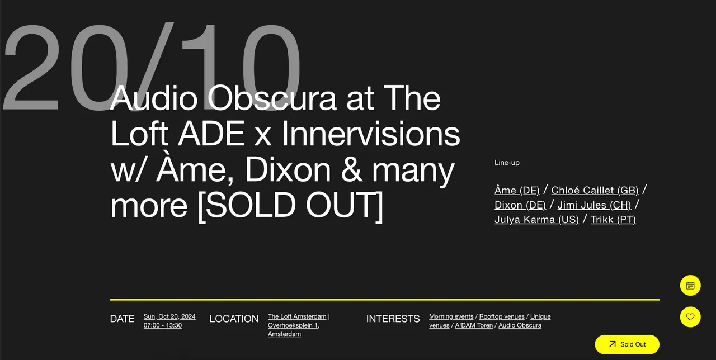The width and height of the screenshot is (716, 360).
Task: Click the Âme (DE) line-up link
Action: point(517,190)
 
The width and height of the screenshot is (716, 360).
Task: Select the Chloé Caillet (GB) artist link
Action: point(595,190)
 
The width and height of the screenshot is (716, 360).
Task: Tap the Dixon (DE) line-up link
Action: point(520,205)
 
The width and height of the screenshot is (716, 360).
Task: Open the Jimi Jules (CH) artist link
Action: point(594,205)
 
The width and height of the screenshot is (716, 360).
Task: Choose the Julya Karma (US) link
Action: point(536,220)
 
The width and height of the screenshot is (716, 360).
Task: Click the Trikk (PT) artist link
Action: point(613,220)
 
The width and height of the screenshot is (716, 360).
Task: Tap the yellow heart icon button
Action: point(690,317)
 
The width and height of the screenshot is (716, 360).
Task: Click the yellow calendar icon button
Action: point(690,285)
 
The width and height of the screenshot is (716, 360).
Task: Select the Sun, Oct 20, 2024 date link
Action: point(169,316)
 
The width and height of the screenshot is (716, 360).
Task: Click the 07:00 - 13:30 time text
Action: point(163,325)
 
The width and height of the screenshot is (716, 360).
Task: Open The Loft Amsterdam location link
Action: point(297,316)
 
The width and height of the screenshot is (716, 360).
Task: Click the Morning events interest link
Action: point(451,316)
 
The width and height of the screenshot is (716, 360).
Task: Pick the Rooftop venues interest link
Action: point(502,316)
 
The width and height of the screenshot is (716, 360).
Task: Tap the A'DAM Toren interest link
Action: point(474,325)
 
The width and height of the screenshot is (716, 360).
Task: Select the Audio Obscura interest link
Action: point(520,325)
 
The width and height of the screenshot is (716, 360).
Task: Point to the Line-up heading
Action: point(507,163)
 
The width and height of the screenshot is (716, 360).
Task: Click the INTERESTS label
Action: point(393,319)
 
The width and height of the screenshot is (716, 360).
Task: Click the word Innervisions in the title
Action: point(370,134)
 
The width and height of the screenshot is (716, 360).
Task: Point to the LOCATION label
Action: point(234,319)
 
